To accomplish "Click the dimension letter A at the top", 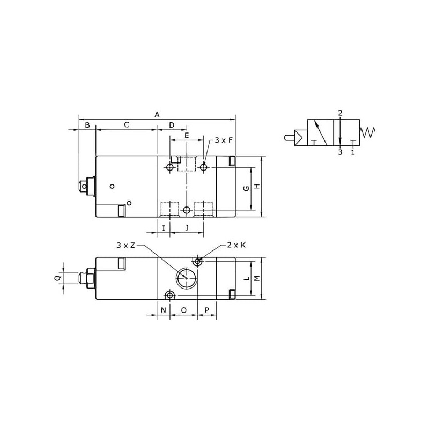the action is [157, 114].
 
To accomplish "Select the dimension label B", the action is [87, 125].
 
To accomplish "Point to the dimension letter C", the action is [127, 125].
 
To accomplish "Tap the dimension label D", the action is [172, 125].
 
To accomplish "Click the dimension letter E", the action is [187, 135].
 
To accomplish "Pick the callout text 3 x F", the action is [224, 140].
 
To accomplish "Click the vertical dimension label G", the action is [247, 188].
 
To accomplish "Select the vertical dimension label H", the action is [257, 186].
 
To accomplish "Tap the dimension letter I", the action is [164, 227].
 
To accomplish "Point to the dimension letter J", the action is [187, 227].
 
